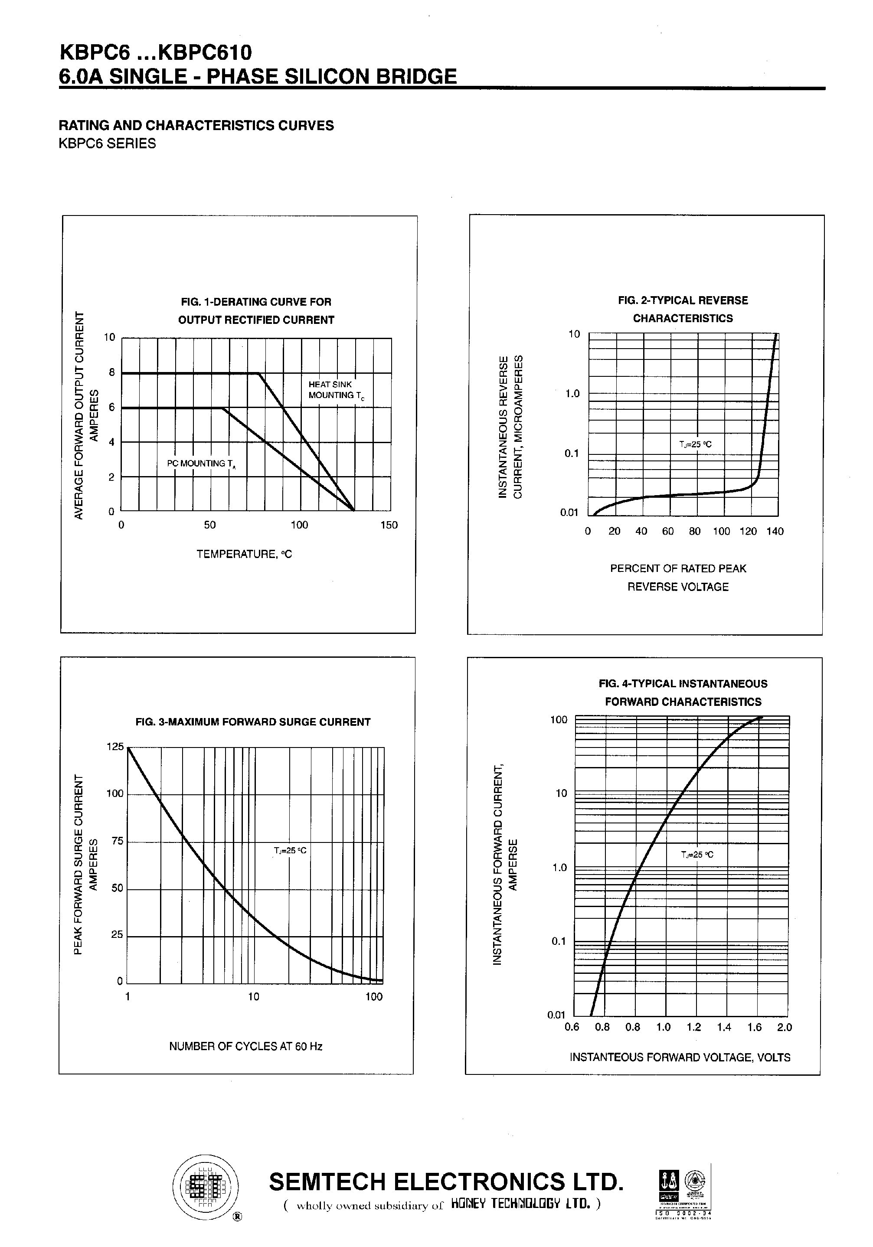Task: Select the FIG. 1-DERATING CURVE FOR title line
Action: point(256,302)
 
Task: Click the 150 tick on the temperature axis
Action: point(389,525)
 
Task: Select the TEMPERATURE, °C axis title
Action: point(244,554)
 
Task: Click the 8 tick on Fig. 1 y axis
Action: point(112,372)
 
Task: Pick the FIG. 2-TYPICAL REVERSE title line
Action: point(683,300)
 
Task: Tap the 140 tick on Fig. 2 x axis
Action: point(775,531)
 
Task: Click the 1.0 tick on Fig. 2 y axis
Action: point(572,394)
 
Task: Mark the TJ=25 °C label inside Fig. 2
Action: point(695,444)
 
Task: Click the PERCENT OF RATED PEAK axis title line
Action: point(678,568)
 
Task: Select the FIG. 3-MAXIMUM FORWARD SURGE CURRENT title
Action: point(252,722)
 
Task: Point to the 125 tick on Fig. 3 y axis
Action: point(115,747)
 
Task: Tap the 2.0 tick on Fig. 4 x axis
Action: point(785,1027)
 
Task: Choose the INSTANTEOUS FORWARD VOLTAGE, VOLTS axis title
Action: point(680,1057)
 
